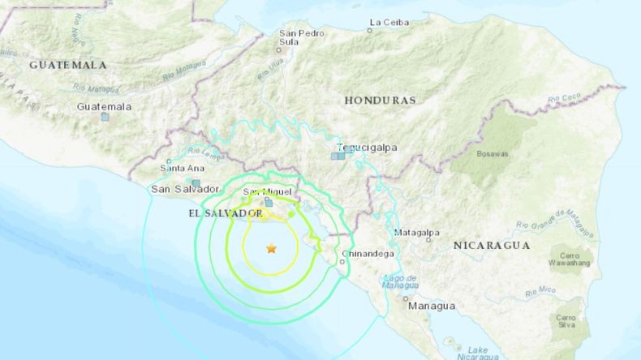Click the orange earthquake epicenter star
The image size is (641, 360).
271,249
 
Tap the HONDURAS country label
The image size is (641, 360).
380,101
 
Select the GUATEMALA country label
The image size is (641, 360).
68,64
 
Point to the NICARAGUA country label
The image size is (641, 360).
491,245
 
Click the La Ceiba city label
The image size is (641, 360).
389,22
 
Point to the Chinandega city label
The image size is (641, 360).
370,254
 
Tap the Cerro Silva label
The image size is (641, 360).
567,321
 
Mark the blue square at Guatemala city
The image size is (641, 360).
105,117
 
